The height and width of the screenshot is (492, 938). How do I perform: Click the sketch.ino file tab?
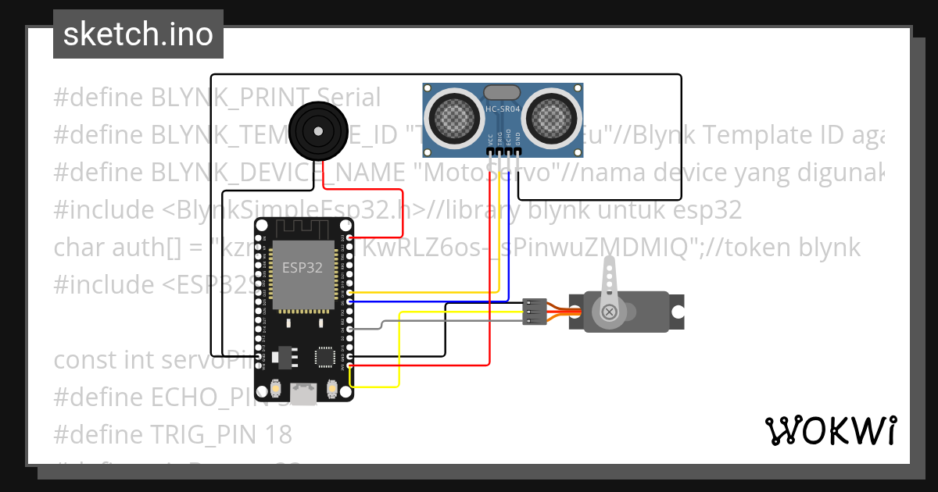coord(138,34)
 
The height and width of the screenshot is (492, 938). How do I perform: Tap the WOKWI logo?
coord(830,430)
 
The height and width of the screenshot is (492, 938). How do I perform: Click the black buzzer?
coord(316,132)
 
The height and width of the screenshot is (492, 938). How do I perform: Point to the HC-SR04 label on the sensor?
coord(503,109)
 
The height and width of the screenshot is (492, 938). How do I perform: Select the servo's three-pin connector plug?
coord(534,311)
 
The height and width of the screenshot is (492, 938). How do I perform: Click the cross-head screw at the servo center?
coord(609,313)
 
